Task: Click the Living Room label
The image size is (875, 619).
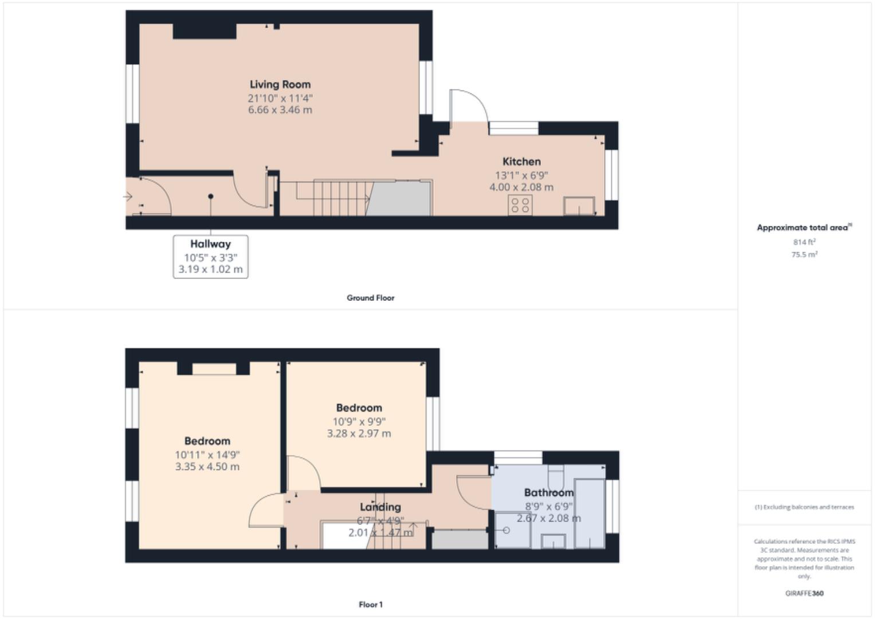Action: click(280, 85)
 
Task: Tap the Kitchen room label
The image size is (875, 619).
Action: click(521, 162)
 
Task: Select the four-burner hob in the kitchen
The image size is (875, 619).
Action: click(520, 205)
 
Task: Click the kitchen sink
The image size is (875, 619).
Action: click(579, 206)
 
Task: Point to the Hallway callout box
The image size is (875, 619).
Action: click(210, 257)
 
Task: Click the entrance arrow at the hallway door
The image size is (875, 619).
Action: click(128, 197)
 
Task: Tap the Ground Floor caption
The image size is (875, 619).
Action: click(370, 298)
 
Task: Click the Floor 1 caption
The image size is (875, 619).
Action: click(370, 605)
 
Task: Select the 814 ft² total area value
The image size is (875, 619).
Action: click(804, 242)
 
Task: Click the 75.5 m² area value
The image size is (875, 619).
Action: click(804, 254)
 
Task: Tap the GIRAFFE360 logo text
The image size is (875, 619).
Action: click(804, 594)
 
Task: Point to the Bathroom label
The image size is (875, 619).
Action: click(548, 493)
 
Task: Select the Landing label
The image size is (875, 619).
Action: click(380, 507)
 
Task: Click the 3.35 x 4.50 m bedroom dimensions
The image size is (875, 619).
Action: click(207, 467)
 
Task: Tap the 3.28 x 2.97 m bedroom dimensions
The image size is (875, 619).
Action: click(359, 434)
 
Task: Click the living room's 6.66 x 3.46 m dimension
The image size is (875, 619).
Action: click(280, 110)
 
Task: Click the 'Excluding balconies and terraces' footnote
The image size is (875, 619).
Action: click(804, 507)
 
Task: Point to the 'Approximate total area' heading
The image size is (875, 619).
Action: click(803, 228)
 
